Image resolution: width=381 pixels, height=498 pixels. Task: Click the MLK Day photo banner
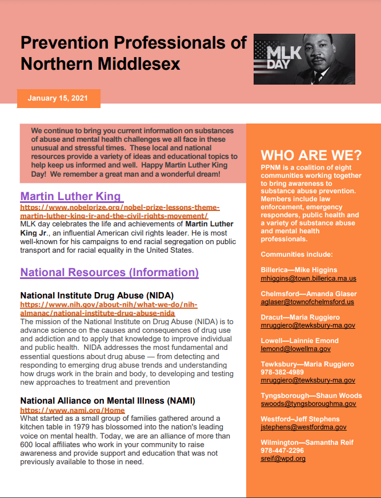coord(304,59)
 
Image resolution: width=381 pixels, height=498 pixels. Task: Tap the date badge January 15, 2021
coord(58,98)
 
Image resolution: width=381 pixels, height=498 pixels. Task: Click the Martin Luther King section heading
coord(71,197)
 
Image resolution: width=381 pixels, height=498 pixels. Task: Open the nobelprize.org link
coord(120,212)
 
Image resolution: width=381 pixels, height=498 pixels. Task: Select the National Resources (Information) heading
coord(110,272)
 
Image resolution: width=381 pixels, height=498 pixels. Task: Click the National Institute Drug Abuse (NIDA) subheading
coord(97,296)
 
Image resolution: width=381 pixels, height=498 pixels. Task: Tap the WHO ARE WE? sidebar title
coord(311,156)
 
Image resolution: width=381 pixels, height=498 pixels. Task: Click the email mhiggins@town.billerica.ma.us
coord(308,278)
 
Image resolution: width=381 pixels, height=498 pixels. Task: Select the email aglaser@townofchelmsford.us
coord(307,302)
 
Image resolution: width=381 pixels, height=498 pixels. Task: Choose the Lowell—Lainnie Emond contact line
coord(299,341)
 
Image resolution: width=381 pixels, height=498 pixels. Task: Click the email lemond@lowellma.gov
coord(295,349)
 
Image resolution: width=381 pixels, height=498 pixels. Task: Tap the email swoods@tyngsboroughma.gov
coord(308,404)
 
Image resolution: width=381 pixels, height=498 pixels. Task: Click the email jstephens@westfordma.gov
coord(303,427)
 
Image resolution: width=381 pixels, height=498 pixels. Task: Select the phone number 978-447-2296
coord(282,451)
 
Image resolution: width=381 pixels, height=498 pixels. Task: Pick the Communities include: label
coord(296,254)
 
